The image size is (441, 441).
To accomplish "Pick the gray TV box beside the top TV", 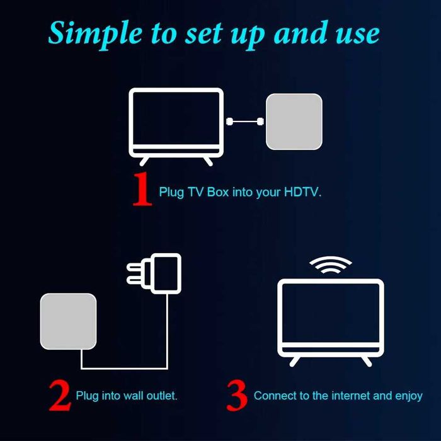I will tap(294, 122).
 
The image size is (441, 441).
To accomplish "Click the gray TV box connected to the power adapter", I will tap(69, 321).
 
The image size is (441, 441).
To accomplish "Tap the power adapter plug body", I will tap(166, 272).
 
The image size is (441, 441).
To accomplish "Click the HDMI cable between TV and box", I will tap(245, 121).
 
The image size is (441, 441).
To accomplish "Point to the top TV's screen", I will tap(176, 120).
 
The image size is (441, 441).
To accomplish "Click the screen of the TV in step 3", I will tap(331, 315).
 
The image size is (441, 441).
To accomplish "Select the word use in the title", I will tap(357, 33).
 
